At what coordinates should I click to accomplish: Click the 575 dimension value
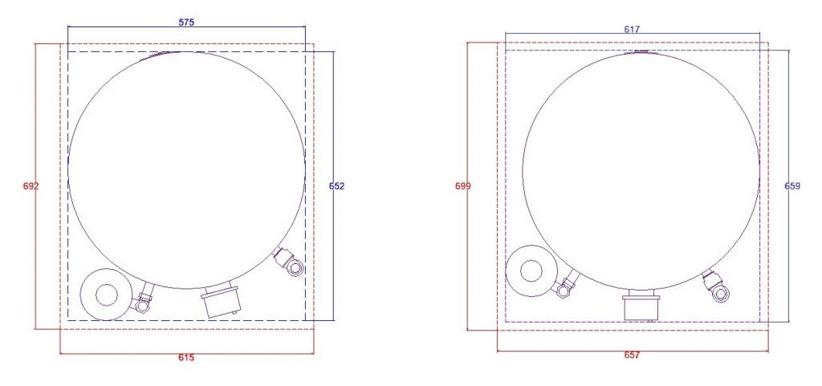tap(186, 22)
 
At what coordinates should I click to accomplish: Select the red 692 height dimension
tap(31, 186)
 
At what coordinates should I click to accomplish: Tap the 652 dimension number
tap(336, 186)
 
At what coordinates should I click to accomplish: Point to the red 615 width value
tap(186, 358)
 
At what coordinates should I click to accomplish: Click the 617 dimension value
tap(632, 30)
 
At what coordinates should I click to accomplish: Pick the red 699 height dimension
tap(463, 186)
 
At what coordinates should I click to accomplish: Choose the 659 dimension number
tap(792, 186)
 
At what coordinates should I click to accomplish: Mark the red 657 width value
tap(632, 355)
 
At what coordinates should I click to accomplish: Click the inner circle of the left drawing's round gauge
tap(107, 295)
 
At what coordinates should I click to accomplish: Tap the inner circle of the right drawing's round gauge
tap(531, 270)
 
